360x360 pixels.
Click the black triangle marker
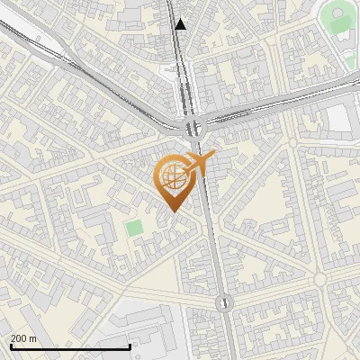coord(181,24)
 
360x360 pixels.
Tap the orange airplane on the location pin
coord(200,163)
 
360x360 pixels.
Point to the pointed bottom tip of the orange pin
coord(173,211)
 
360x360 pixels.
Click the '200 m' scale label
coord(23,338)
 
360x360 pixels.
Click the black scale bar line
coord(70,346)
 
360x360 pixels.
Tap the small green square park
coord(133,229)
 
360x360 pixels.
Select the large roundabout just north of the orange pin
coord(193,128)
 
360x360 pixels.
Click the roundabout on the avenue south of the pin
coord(222,303)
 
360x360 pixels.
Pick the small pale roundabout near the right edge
coord(319,280)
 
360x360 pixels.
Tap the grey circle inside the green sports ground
coord(339,15)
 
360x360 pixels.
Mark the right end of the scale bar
coord(130,346)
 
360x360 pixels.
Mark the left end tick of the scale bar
coord(11,346)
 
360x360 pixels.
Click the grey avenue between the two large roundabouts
coord(209,216)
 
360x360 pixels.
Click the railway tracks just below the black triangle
coord(183,63)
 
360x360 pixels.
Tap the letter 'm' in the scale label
coord(32,338)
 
